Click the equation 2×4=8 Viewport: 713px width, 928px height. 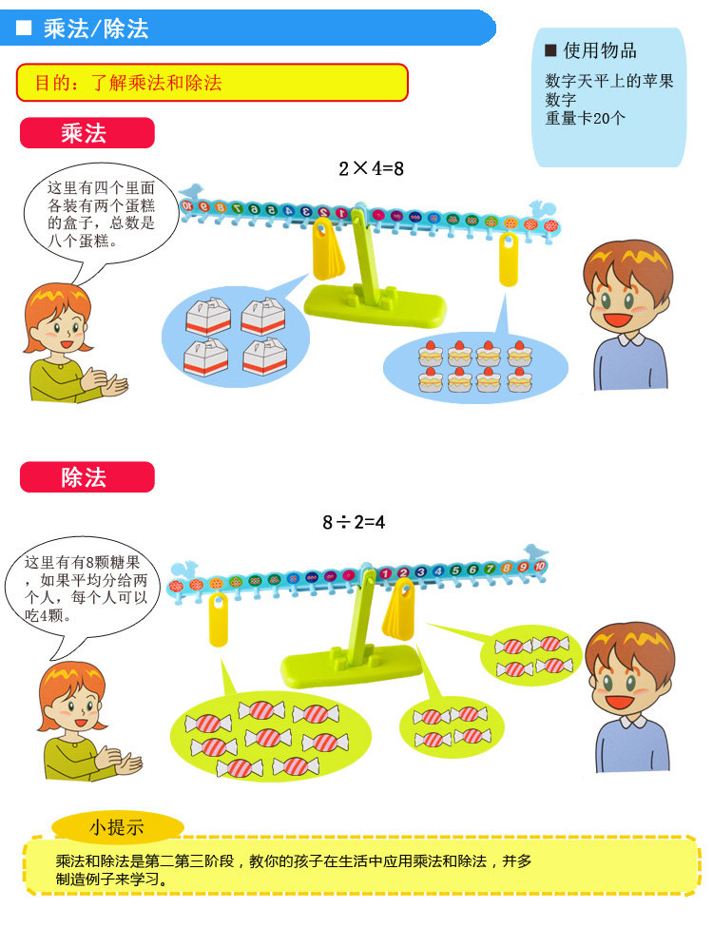pyautogui.click(x=372, y=169)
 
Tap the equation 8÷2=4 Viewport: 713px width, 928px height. pyautogui.click(x=354, y=522)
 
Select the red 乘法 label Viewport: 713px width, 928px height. pyautogui.click(x=87, y=133)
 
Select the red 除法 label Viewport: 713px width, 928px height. pyautogui.click(x=87, y=477)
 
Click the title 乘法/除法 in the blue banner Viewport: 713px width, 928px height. pyautogui.click(x=95, y=29)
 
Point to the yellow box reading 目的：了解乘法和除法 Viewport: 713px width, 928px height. pyautogui.click(x=212, y=83)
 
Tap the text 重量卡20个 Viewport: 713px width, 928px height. pyautogui.click(x=586, y=120)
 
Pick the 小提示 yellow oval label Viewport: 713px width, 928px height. pyautogui.click(x=118, y=827)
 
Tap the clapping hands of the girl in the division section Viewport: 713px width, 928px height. pyautogui.click(x=121, y=762)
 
